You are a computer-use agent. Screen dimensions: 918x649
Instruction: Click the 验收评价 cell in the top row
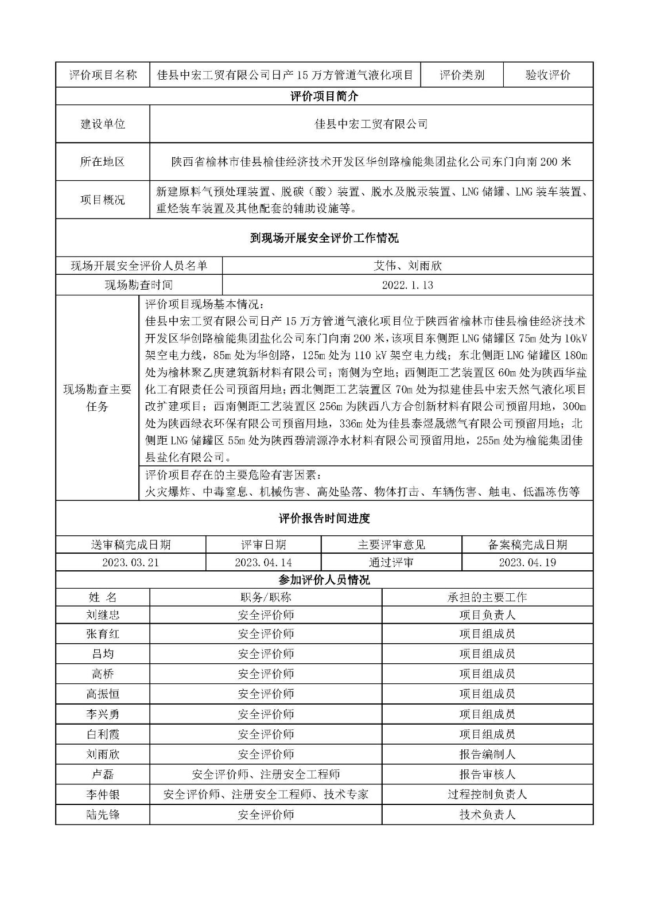click(547, 75)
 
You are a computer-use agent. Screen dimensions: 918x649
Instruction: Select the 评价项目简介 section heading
click(324, 96)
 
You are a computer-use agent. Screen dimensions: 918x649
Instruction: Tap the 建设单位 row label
click(103, 124)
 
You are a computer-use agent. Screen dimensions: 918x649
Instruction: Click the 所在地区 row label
click(103, 162)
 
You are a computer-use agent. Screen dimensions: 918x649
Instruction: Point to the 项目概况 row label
click(103, 200)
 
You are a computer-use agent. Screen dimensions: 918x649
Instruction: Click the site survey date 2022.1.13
click(407, 285)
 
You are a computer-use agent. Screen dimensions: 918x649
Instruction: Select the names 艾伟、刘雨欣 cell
click(407, 266)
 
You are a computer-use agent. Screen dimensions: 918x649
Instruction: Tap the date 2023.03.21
click(130, 563)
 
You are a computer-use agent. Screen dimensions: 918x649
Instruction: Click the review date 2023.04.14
click(263, 563)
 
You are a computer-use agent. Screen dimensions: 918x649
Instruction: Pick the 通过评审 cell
click(391, 563)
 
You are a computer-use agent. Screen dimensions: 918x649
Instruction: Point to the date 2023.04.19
click(527, 563)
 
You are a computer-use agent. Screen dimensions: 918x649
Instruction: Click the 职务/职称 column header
click(266, 597)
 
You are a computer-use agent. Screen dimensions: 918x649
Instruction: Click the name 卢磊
click(103, 775)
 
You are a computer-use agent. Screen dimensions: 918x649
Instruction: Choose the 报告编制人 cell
click(487, 754)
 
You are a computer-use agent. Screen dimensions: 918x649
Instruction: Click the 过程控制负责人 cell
click(487, 795)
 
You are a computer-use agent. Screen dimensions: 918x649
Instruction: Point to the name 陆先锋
click(103, 815)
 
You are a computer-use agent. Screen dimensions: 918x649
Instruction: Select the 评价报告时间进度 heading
click(324, 519)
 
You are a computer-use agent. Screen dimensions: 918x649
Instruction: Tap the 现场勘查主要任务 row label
click(97, 398)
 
